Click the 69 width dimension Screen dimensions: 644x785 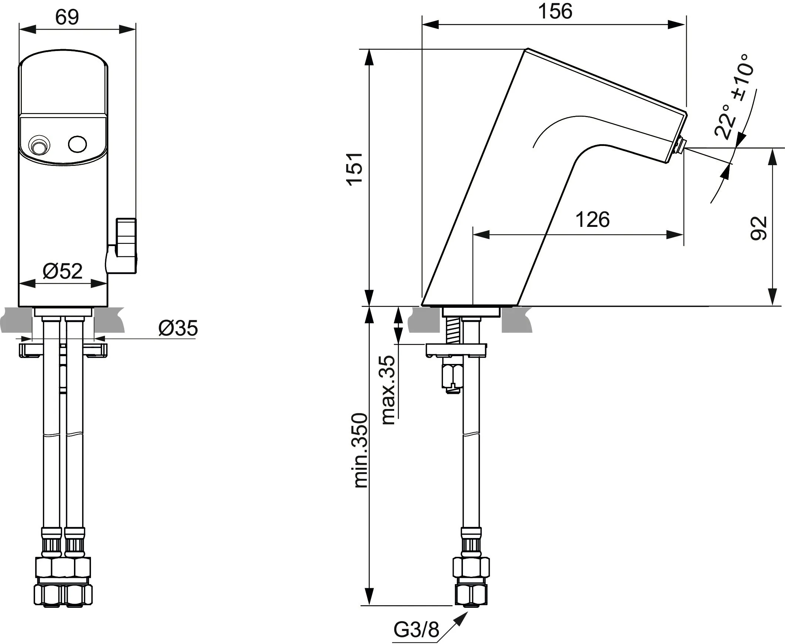(x=67, y=17)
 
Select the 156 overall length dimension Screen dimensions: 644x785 (x=555, y=11)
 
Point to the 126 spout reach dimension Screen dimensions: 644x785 (x=592, y=219)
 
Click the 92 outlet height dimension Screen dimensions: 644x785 (x=758, y=228)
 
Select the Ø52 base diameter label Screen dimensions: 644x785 (x=62, y=271)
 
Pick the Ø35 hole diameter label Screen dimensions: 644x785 (x=178, y=328)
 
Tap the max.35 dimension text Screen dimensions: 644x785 (x=388, y=390)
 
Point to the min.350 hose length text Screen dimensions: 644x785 (x=361, y=450)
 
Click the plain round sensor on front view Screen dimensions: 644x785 (x=78, y=144)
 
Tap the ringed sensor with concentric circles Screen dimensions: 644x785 (x=38, y=146)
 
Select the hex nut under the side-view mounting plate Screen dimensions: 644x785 (x=452, y=376)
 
